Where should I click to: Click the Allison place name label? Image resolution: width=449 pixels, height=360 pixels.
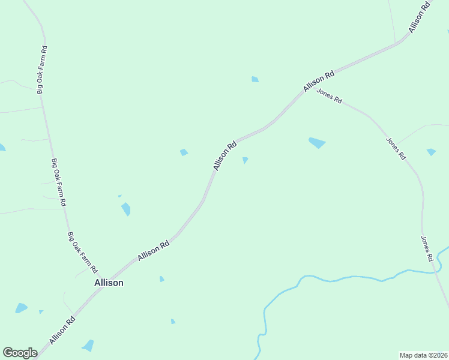(109, 283)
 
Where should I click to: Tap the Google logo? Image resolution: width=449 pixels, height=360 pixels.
(20, 353)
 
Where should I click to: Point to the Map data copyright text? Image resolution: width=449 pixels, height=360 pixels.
(423, 355)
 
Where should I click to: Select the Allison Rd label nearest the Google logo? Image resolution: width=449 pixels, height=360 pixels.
(62, 331)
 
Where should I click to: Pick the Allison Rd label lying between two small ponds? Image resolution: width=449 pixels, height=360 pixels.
(224, 155)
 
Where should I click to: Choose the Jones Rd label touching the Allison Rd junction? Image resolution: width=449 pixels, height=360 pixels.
(329, 96)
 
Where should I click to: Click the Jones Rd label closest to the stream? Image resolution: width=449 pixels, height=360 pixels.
(427, 248)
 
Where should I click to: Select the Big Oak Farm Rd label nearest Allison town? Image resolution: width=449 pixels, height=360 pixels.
(82, 253)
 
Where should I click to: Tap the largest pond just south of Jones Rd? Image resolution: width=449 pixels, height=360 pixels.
(316, 143)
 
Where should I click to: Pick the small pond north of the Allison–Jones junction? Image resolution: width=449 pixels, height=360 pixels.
(255, 79)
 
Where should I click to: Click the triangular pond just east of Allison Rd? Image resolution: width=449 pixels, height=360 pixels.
(245, 160)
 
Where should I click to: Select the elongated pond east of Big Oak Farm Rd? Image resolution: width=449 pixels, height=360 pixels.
(126, 209)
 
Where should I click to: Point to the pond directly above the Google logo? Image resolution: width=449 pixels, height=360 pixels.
(22, 308)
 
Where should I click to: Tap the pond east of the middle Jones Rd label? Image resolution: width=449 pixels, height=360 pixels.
(431, 152)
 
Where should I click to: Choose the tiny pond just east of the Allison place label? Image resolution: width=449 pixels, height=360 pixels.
(161, 279)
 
